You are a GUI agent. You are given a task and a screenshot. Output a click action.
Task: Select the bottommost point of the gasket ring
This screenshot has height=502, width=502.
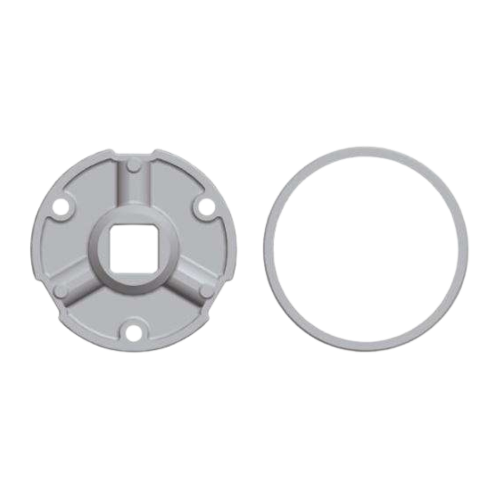(x=365, y=347)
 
